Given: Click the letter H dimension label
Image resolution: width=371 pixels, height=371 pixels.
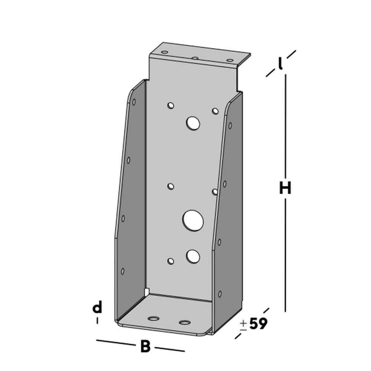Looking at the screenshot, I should [285, 188].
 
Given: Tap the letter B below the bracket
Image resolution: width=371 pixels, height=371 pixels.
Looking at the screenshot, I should [145, 347].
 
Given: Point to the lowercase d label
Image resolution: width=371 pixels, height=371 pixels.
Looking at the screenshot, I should [97, 308].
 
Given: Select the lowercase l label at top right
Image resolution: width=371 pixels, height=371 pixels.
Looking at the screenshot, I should [281, 64].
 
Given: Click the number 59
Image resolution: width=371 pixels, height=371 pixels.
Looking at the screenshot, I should [258, 324].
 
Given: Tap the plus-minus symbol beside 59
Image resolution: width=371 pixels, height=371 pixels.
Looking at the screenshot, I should [243, 325].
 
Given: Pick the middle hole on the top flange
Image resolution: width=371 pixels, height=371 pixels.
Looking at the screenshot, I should [194, 58].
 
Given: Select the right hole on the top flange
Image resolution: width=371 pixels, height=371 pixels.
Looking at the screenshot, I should [230, 60].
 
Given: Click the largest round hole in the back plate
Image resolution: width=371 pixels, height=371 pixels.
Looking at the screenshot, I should [193, 220].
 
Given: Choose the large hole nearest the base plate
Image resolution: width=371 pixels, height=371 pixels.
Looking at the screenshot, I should [193, 256].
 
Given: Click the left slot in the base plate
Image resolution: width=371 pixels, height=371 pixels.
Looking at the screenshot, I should [153, 318].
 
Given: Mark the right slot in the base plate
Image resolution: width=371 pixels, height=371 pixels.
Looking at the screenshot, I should [184, 322].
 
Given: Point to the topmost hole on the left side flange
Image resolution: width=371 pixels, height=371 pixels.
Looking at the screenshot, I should [134, 102].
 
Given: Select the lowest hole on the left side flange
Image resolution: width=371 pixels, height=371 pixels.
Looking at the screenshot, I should [123, 271].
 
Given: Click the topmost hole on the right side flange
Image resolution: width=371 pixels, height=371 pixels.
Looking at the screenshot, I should [230, 126].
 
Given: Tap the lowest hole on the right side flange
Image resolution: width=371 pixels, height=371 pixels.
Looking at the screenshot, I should [220, 294].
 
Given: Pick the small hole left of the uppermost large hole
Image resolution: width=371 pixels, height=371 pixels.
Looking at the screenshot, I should [171, 106].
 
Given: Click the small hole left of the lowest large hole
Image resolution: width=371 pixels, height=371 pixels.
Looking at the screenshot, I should [171, 261].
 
